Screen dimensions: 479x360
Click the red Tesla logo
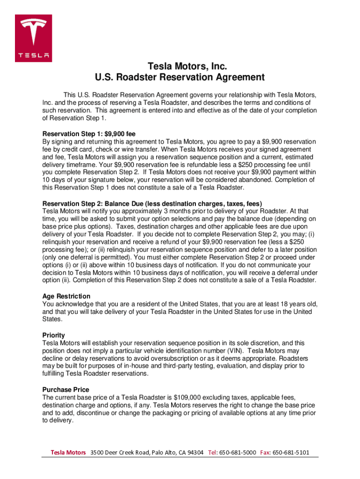tap(33, 38)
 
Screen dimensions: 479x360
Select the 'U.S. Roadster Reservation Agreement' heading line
tap(180, 77)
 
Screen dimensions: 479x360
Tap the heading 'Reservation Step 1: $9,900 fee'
tap(89, 133)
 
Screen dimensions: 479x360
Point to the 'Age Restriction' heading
tap(66, 296)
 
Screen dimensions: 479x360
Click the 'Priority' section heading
tap(54, 335)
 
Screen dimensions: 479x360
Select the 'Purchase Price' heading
tap(65, 390)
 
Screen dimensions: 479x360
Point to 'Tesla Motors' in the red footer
tap(68, 452)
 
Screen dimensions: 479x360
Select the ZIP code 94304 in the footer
tap(194, 452)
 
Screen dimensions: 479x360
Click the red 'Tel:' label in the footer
tap(213, 452)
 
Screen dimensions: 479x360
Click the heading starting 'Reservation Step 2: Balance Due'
tap(152, 203)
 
